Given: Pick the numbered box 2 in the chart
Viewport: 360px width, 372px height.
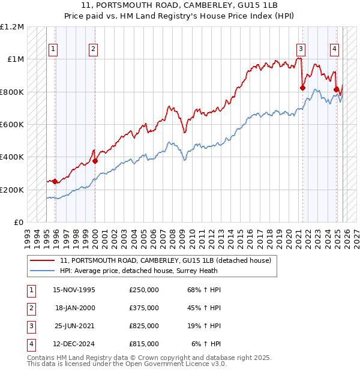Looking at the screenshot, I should pyautogui.click(x=94, y=50).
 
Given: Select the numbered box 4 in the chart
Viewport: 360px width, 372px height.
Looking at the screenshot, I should pyautogui.click(x=334, y=50).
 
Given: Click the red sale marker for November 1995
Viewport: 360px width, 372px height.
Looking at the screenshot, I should pyautogui.click(x=55, y=181).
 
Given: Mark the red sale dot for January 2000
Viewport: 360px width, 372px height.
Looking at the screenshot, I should pyautogui.click(x=95, y=161).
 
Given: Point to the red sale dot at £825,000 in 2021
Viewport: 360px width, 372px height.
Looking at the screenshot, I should pyautogui.click(x=302, y=88).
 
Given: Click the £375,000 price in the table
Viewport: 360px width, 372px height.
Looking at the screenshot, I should pyautogui.click(x=143, y=308).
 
